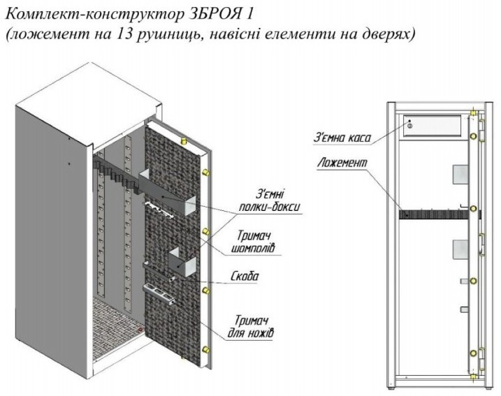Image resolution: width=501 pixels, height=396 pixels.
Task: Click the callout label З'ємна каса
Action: (x=342, y=138)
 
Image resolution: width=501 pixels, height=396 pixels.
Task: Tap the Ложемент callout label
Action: (x=342, y=163)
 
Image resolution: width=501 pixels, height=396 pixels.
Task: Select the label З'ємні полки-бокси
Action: (x=270, y=200)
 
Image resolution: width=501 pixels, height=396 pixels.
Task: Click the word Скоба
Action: (x=245, y=277)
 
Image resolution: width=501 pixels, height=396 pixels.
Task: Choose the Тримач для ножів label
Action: (x=251, y=327)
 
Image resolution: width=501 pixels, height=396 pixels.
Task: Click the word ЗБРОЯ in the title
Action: (x=212, y=15)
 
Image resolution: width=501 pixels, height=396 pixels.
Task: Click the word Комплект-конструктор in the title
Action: (x=94, y=15)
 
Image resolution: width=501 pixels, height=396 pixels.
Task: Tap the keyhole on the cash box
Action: (x=410, y=126)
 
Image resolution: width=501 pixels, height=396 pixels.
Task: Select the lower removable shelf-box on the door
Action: (x=183, y=262)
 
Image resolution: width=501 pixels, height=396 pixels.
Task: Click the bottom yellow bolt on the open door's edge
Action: (x=206, y=349)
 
